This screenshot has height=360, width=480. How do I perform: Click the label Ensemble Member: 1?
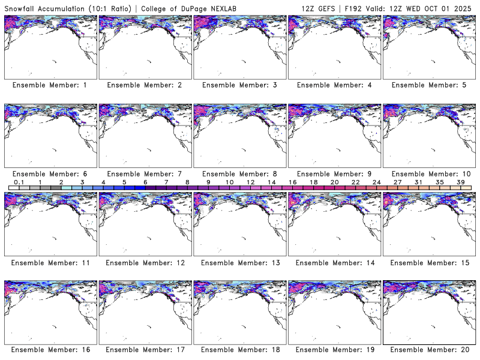click(x=50, y=85)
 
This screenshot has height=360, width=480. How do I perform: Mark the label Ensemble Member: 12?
click(x=145, y=262)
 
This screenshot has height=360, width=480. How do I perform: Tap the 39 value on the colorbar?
click(x=460, y=182)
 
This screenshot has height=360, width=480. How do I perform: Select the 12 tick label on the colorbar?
click(x=250, y=182)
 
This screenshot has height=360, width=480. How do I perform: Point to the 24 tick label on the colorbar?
click(x=376, y=182)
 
